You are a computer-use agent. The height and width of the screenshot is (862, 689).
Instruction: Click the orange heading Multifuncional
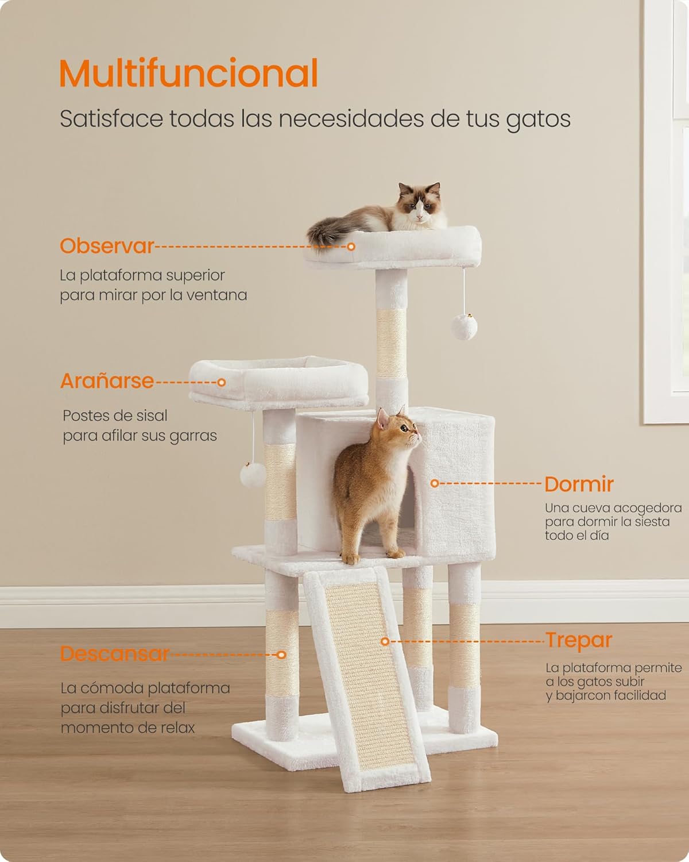tap(188, 73)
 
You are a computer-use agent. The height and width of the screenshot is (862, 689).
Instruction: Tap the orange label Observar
tap(107, 245)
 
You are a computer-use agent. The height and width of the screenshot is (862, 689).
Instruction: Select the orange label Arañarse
tap(107, 380)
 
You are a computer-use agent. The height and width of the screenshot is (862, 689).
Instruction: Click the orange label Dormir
tap(579, 484)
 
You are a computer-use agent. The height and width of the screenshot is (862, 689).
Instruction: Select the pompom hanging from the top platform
tap(464, 327)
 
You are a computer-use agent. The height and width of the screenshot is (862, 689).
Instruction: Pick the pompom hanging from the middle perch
tap(252, 475)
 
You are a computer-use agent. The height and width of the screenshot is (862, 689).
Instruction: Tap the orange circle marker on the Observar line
tap(351, 247)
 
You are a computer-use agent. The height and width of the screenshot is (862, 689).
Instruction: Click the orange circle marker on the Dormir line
tap(435, 483)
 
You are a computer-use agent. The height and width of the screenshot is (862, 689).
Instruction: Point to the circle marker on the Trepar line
tap(385, 641)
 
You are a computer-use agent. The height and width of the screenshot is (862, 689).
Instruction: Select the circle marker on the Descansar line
tap(281, 655)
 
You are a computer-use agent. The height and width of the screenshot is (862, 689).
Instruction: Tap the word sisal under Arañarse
tap(152, 416)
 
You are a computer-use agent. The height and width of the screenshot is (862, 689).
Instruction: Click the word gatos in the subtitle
tap(539, 119)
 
